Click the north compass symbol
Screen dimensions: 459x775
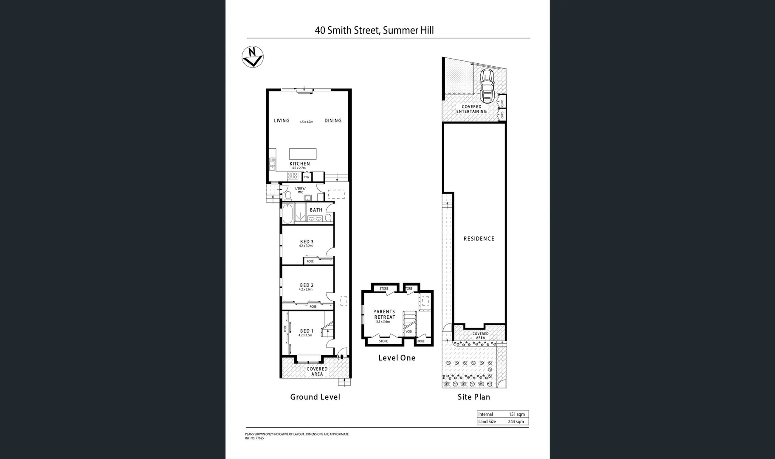252,57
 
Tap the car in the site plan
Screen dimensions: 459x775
486,85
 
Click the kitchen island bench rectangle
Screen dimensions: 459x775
303,153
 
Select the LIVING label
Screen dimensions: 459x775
282,121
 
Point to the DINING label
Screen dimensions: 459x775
333,121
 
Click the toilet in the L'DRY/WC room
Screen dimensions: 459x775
287,195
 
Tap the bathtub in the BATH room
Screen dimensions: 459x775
287,214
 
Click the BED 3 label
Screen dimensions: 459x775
307,242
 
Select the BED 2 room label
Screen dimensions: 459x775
307,286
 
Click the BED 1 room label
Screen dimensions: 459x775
307,331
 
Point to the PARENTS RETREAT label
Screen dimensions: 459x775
384,314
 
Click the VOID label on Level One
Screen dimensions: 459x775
409,331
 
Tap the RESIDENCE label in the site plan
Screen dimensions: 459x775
479,239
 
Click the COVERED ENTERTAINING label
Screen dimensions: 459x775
471,109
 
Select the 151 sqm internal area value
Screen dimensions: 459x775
517,414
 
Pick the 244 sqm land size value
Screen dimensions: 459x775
516,422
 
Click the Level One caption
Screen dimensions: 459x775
397,358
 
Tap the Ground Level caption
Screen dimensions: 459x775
315,397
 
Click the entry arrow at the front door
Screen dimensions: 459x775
341,357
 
